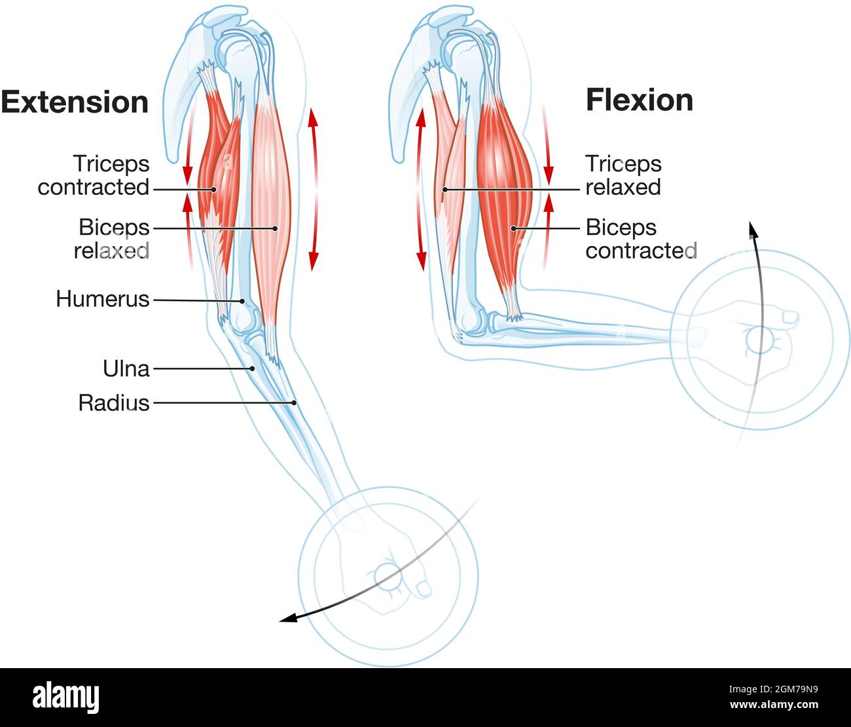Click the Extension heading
coord(75,103)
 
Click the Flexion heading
coord(639,100)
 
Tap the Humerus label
coord(103,299)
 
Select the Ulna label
coord(126,368)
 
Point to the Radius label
coord(114,402)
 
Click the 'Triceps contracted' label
coord(94,175)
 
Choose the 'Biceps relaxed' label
coord(112,239)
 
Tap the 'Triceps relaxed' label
coord(623,175)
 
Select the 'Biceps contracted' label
coord(640,239)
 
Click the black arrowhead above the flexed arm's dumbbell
coord(753,229)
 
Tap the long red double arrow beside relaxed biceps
coord(314,190)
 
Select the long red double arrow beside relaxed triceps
coord(421,190)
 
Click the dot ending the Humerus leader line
coord(243,302)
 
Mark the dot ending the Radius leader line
coord(295,403)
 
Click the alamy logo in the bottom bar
coord(65,696)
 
